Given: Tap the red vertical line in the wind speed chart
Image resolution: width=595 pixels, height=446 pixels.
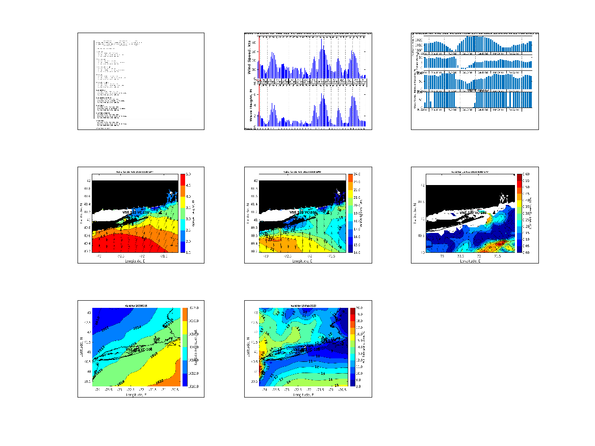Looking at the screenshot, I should coord(260,56).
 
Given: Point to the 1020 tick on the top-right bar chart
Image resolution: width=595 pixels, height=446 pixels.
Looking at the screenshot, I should coord(419,40).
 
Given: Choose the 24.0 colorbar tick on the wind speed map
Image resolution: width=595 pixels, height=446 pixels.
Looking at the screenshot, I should coord(355,174).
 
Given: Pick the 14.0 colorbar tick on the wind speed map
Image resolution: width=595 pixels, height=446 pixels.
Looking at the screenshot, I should coord(355,252).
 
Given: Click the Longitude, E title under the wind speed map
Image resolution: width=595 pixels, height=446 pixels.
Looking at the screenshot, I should coord(302,260).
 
